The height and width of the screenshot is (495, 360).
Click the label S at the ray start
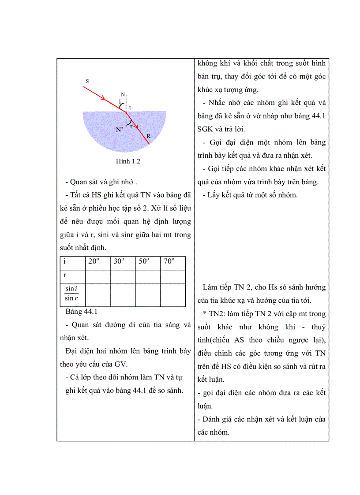click(x=87, y=81)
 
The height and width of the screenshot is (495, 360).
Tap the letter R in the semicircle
click(x=149, y=136)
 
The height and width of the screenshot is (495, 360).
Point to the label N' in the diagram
click(x=119, y=130)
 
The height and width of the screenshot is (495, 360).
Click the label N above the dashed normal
click(x=123, y=94)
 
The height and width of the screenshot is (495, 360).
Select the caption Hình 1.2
click(x=128, y=161)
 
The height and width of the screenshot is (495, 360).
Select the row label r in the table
click(x=65, y=275)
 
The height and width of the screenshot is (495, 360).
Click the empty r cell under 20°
click(x=97, y=276)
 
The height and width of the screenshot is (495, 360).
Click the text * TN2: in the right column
click(x=216, y=314)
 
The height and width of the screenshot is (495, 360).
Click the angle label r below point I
click(x=131, y=125)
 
